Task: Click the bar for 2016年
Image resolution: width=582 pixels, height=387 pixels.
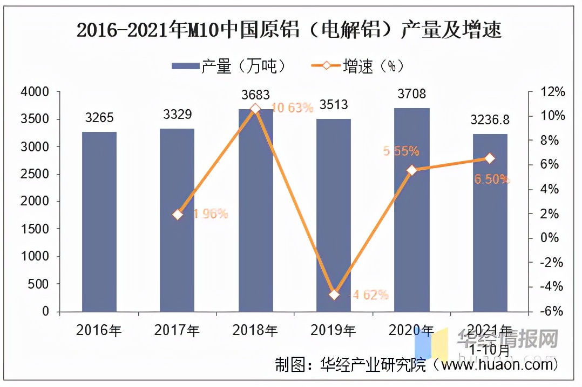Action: pyautogui.click(x=99, y=222)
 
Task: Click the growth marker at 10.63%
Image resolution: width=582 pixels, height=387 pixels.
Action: pyautogui.click(x=256, y=109)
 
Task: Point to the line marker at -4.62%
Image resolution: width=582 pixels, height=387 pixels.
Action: pyautogui.click(x=334, y=295)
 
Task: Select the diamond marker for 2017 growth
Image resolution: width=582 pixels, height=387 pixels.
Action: pyautogui.click(x=178, y=215)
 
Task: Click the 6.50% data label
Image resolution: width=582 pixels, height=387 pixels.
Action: pyautogui.click(x=491, y=179)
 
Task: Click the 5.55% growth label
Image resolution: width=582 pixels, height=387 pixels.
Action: pyautogui.click(x=401, y=151)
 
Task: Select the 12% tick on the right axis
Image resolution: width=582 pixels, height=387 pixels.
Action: pyautogui.click(x=552, y=92)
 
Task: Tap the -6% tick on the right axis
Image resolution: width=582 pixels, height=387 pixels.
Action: pyautogui.click(x=552, y=312)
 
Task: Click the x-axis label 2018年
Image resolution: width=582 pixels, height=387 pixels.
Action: pyautogui.click(x=255, y=330)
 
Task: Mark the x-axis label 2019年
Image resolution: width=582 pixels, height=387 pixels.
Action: pyautogui.click(x=333, y=330)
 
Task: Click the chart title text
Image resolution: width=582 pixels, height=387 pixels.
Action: pyautogui.click(x=289, y=31)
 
